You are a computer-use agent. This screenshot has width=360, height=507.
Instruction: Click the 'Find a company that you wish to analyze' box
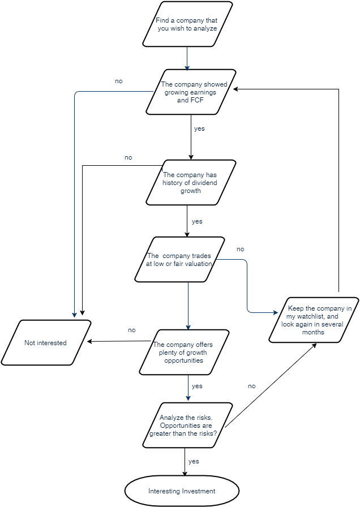pyautogui.click(x=187, y=24)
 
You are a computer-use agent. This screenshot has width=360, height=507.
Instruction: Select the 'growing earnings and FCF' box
pyautogui.click(x=191, y=92)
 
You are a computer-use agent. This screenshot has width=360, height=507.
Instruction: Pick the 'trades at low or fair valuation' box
pyautogui.click(x=179, y=259)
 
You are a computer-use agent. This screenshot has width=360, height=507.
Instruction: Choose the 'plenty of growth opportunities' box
pyautogui.click(x=185, y=351)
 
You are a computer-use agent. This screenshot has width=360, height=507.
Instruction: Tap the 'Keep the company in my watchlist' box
pyautogui.click(x=313, y=320)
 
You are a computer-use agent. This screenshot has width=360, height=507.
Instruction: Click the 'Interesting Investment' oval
pyautogui.click(x=182, y=491)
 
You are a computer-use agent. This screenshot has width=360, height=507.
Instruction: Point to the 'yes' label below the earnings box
pyautogui.click(x=199, y=129)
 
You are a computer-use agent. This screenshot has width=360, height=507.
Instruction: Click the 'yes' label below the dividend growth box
pyautogui.click(x=197, y=222)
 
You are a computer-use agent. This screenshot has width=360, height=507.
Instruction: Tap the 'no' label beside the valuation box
pyautogui.click(x=240, y=250)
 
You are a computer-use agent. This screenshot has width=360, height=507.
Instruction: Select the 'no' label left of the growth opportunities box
pyautogui.click(x=131, y=330)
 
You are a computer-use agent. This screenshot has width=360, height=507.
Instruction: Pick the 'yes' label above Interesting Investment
pyautogui.click(x=194, y=461)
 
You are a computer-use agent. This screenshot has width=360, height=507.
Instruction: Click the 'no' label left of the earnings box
pyautogui.click(x=118, y=81)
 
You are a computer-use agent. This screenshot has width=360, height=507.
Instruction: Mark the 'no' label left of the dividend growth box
pyautogui.click(x=128, y=157)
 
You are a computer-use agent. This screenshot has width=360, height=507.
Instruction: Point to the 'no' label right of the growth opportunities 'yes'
pyautogui.click(x=251, y=386)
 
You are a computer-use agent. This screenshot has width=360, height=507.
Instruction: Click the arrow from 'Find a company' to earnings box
pyautogui.click(x=187, y=58)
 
